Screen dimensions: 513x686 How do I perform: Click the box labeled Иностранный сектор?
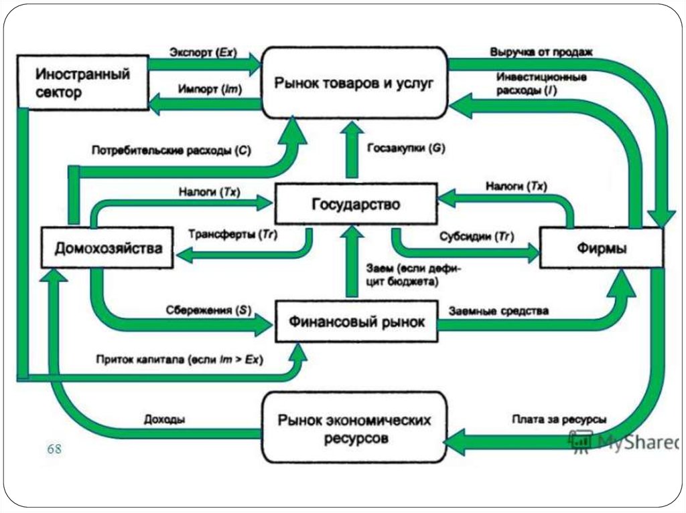[x=82, y=83]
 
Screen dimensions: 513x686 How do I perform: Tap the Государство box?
[x=355, y=204]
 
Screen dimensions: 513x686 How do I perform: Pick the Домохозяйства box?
[x=108, y=249]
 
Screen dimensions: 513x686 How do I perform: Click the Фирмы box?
[x=602, y=248]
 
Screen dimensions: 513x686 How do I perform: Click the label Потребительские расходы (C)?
[x=171, y=151]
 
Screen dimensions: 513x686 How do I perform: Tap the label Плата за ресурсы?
[x=559, y=419]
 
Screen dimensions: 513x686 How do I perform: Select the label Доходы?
[x=164, y=419]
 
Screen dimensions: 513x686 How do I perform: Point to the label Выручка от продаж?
[x=541, y=52]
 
